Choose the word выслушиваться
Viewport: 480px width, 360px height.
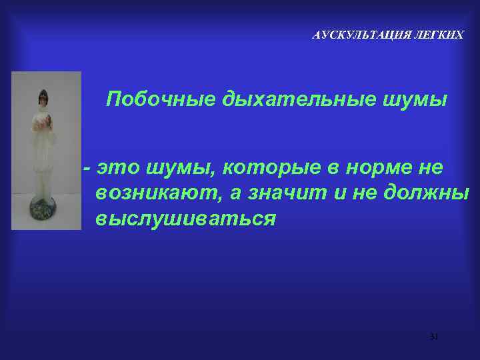(185, 219)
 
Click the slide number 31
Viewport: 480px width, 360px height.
(434, 337)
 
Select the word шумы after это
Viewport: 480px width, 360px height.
(175, 169)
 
